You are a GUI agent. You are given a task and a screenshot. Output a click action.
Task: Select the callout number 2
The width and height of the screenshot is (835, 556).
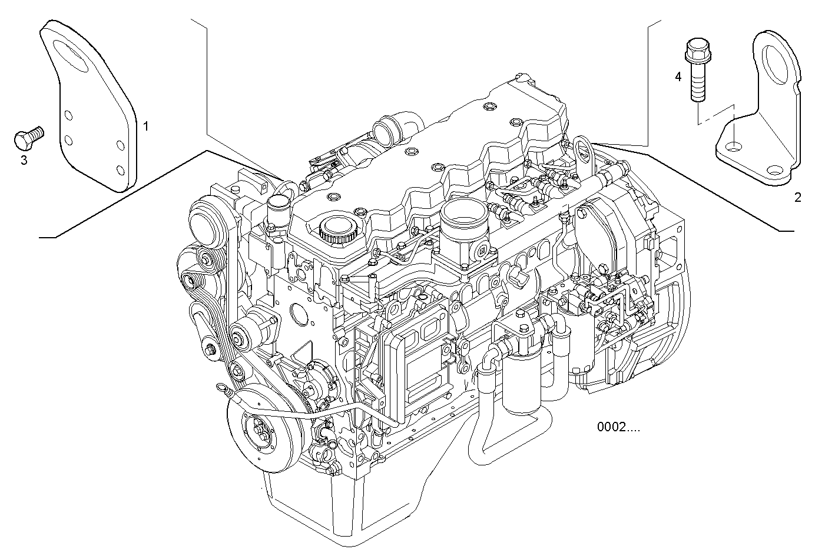(797, 198)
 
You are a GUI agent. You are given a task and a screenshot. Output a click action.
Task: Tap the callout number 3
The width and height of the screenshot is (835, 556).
(24, 160)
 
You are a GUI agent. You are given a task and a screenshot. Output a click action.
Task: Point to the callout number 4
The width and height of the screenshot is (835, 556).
(678, 77)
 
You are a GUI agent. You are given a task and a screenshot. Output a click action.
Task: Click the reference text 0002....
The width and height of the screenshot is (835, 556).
(618, 427)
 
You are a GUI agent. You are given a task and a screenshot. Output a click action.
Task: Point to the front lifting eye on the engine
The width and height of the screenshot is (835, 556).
(288, 189)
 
